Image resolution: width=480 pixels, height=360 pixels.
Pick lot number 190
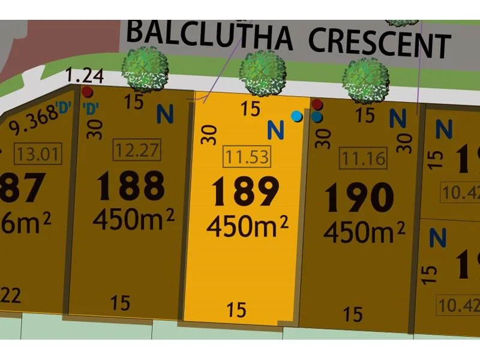[359, 197]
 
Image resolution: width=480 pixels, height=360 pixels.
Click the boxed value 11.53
[246, 157]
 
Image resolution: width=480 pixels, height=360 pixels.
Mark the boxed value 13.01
[39, 155]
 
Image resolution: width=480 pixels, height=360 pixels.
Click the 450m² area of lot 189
[247, 226]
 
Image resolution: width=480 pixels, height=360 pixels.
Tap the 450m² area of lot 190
[364, 231]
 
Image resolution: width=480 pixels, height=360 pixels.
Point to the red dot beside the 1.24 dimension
[88, 92]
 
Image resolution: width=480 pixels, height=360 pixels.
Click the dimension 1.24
[85, 76]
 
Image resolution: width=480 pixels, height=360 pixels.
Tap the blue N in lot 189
[275, 128]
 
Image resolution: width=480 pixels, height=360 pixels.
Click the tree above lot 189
[262, 73]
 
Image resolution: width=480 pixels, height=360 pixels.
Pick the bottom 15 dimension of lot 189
[237, 310]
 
